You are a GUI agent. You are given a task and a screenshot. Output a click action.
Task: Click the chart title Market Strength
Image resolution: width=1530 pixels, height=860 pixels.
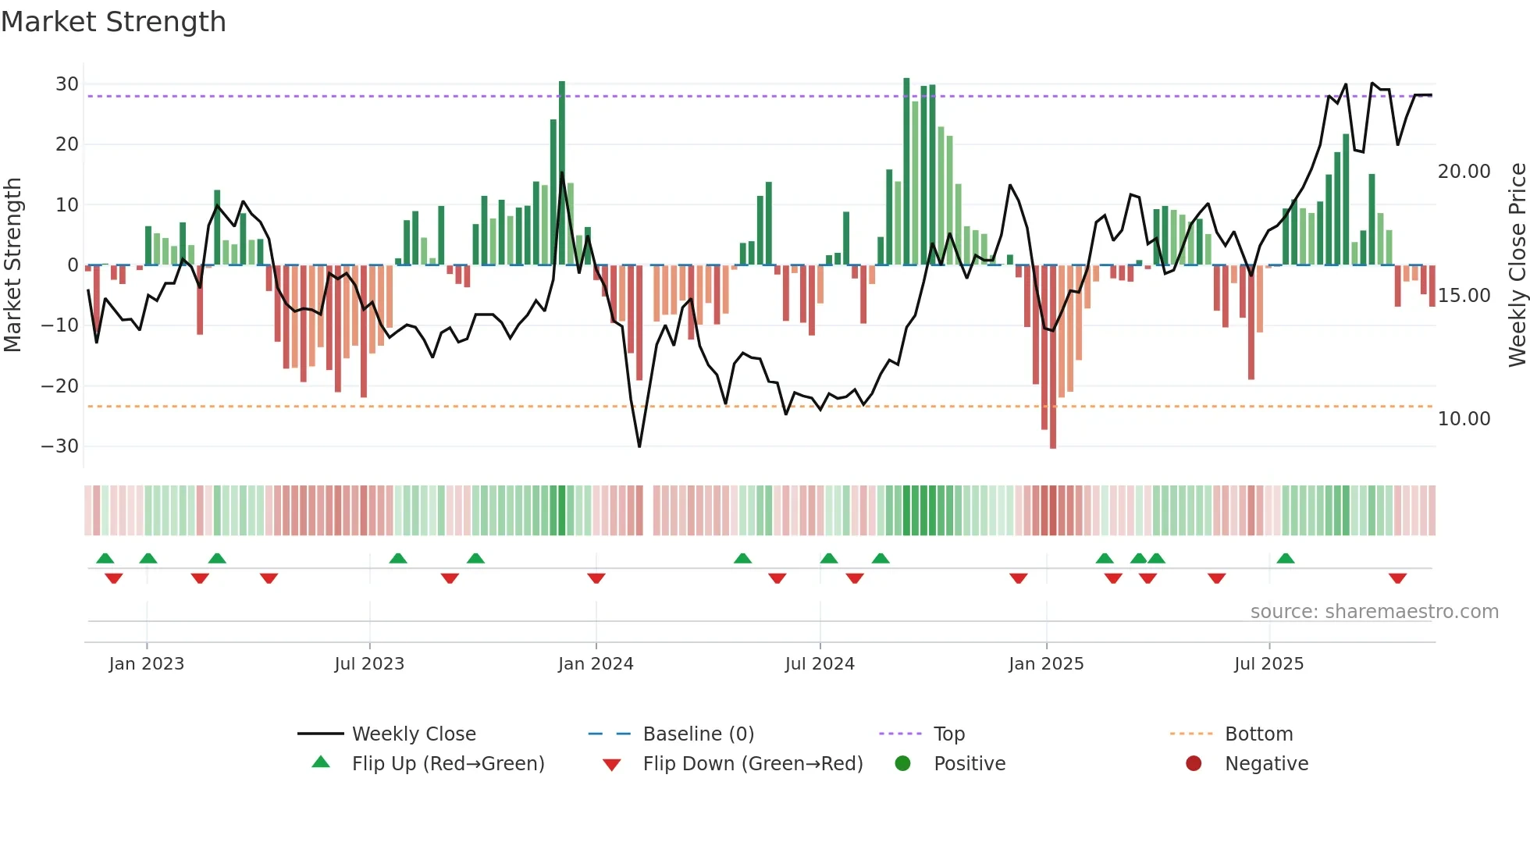click(x=113, y=22)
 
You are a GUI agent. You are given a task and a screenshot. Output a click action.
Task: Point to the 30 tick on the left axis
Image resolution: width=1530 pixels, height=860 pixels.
click(x=67, y=84)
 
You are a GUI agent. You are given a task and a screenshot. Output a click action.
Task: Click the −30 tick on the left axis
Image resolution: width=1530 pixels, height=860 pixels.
click(x=60, y=446)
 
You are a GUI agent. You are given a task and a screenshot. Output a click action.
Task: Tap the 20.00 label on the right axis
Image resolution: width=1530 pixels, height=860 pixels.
click(x=1464, y=172)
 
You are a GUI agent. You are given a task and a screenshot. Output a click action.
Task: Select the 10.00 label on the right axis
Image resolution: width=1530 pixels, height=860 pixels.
click(x=1464, y=419)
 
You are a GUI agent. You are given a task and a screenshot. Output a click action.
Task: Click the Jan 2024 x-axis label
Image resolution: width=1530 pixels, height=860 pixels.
click(x=596, y=664)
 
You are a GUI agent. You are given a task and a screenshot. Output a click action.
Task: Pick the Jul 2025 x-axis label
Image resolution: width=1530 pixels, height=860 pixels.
click(x=1268, y=664)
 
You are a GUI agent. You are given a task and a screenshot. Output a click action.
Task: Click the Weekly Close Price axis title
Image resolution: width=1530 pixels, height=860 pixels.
click(x=1517, y=265)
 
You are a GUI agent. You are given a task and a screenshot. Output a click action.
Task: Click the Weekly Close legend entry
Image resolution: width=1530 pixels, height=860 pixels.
click(x=413, y=734)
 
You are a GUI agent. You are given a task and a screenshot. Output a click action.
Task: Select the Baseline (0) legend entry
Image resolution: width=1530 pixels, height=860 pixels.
click(x=698, y=734)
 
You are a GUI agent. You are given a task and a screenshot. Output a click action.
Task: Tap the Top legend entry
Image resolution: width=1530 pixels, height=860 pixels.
click(x=949, y=734)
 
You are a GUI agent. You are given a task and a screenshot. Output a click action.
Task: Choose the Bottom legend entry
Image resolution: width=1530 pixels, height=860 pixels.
click(x=1258, y=734)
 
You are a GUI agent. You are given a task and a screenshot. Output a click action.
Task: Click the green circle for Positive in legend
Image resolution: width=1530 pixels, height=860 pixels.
click(x=903, y=764)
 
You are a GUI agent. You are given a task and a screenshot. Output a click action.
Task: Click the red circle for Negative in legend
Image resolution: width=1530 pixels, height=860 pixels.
click(x=1194, y=764)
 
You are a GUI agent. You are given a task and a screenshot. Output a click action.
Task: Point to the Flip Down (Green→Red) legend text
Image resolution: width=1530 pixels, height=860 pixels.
click(x=753, y=764)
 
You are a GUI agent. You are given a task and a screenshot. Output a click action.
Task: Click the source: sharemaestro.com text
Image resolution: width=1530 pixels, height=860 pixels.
click(x=1374, y=612)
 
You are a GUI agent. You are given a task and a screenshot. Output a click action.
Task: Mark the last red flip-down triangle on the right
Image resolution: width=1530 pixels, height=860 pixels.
click(x=1397, y=578)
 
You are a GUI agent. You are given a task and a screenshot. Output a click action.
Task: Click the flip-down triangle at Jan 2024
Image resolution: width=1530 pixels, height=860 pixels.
click(x=596, y=578)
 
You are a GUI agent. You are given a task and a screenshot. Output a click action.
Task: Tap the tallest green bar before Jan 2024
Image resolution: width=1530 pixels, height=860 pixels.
click(x=562, y=172)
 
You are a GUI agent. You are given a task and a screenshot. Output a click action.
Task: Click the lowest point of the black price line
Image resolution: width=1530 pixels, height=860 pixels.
click(x=639, y=446)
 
